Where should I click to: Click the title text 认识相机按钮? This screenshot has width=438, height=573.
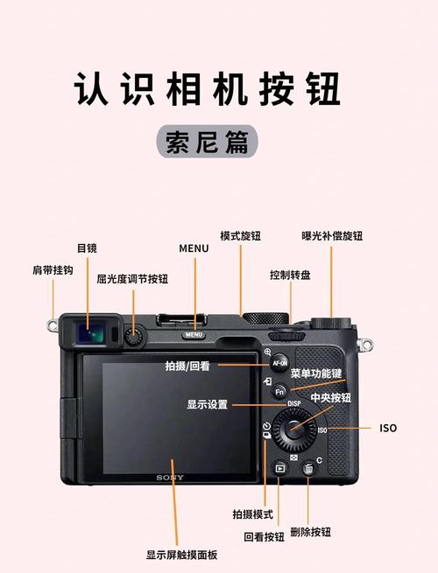point(207,90)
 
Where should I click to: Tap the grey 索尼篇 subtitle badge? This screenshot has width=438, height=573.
point(207,141)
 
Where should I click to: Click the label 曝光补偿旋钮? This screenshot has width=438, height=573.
point(332,235)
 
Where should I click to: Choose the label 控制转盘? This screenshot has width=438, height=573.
point(290,275)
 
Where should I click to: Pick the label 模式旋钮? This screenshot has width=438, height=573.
point(240,236)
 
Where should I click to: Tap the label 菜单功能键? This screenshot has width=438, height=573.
point(316,374)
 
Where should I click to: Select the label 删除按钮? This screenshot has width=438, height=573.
point(311,532)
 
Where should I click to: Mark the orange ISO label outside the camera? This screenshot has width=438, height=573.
point(387,429)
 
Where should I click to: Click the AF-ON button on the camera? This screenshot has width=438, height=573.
point(279,362)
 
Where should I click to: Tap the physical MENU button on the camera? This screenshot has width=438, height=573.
point(194,334)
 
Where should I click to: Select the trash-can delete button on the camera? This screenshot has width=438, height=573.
point(308,470)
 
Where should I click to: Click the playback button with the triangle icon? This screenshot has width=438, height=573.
point(279,468)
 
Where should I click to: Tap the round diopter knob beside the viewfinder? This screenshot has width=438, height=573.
point(133,335)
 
